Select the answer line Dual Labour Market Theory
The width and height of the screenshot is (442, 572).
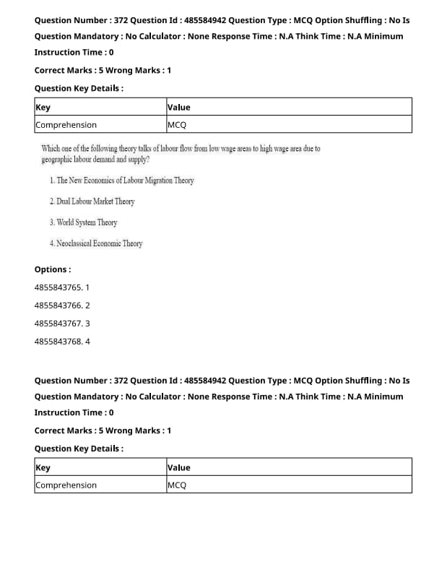(92, 201)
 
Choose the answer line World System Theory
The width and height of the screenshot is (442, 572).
(84, 222)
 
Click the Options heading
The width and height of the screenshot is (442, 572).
(53, 269)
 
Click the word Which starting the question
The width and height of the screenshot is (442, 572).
(52, 149)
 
